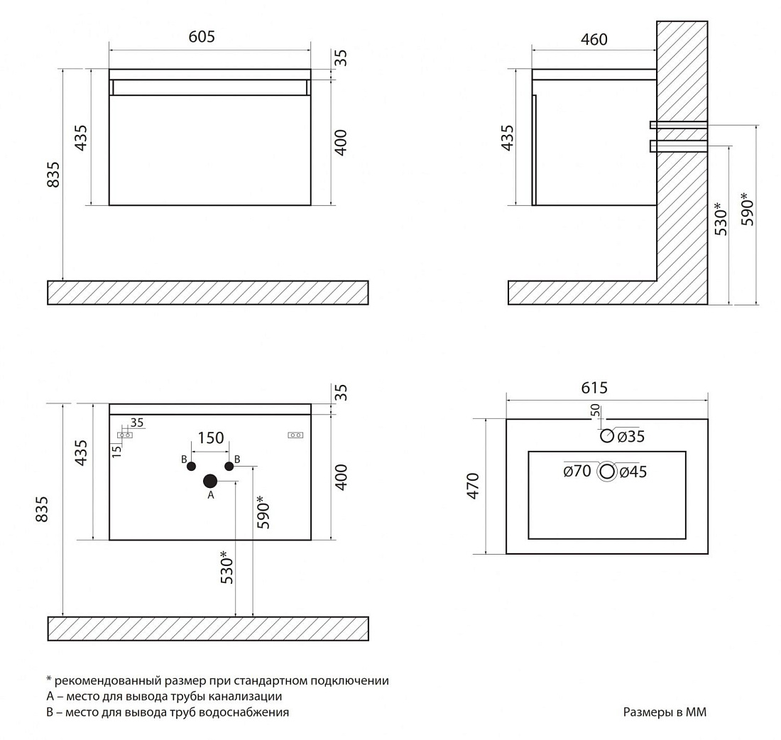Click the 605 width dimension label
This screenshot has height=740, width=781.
click(x=202, y=36)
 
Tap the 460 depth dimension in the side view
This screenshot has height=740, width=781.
click(x=594, y=39)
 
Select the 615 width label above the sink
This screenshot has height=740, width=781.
click(x=594, y=388)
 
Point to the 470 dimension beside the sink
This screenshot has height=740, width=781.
click(x=473, y=486)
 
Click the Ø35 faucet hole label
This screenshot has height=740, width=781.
click(x=631, y=437)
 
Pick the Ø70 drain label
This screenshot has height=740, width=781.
click(x=577, y=471)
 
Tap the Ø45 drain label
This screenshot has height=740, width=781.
click(x=633, y=472)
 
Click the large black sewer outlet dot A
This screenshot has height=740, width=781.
click(x=210, y=481)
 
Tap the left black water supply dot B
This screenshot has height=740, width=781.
click(x=191, y=467)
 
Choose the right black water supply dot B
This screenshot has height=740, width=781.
click(x=229, y=467)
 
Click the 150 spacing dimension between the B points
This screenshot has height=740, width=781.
click(x=211, y=438)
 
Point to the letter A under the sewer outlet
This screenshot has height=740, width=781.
click(x=211, y=495)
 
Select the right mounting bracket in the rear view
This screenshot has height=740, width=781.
click(x=295, y=435)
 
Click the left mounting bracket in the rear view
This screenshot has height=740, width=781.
click(x=125, y=435)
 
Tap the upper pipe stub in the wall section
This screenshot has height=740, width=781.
click(x=678, y=124)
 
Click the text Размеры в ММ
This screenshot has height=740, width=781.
click(x=665, y=712)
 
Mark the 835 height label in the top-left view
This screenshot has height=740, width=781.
click(x=53, y=175)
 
